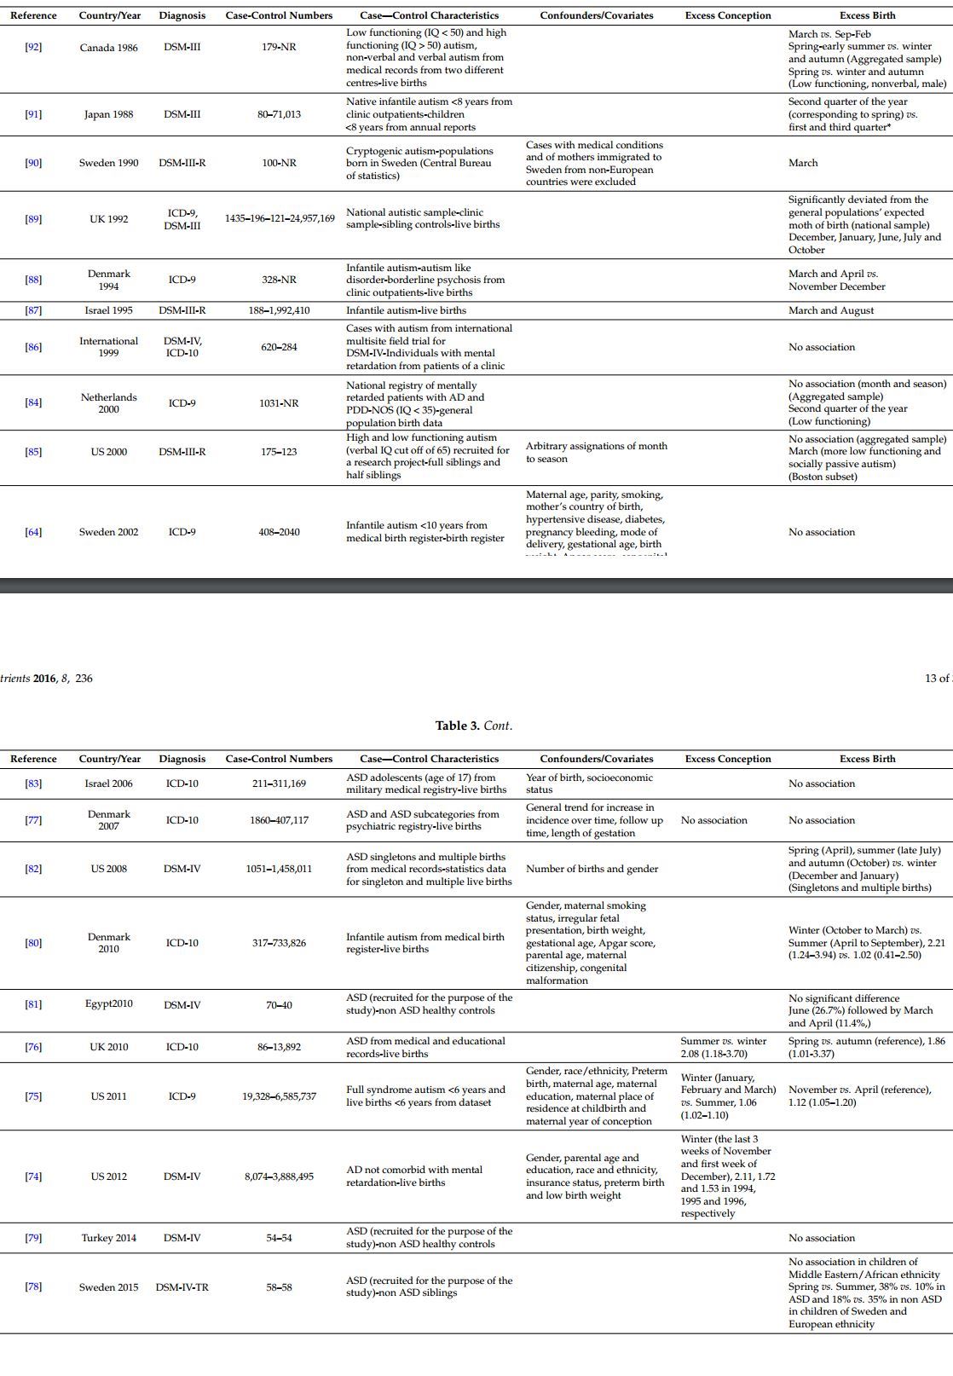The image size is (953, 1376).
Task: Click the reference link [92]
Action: click(x=33, y=47)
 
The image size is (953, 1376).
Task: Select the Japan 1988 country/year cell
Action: click(x=108, y=114)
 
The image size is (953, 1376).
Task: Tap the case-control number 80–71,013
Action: click(x=279, y=114)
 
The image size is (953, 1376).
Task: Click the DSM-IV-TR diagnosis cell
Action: click(x=182, y=1287)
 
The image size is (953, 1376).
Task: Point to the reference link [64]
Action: click(x=33, y=532)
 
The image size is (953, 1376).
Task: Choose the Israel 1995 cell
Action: click(x=108, y=310)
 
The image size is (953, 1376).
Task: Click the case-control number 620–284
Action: click(x=279, y=347)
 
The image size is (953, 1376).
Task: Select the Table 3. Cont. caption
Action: click(x=474, y=726)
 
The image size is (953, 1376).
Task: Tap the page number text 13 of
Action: click(x=937, y=679)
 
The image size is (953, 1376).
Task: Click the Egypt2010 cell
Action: click(x=108, y=1003)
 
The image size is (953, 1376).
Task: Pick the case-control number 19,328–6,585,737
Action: click(x=279, y=1096)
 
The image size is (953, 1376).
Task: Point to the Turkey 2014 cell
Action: click(x=108, y=1238)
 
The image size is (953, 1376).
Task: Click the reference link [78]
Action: click(x=33, y=1287)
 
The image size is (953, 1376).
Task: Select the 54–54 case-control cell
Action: click(x=279, y=1238)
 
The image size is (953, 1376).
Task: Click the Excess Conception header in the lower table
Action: click(x=727, y=759)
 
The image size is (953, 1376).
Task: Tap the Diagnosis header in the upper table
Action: click(x=182, y=15)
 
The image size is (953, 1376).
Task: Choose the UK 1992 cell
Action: click(x=108, y=219)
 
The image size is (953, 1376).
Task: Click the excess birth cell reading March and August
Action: click(x=830, y=310)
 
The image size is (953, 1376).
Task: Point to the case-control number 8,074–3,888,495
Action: click(x=279, y=1177)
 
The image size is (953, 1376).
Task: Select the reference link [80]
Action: click(x=33, y=943)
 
